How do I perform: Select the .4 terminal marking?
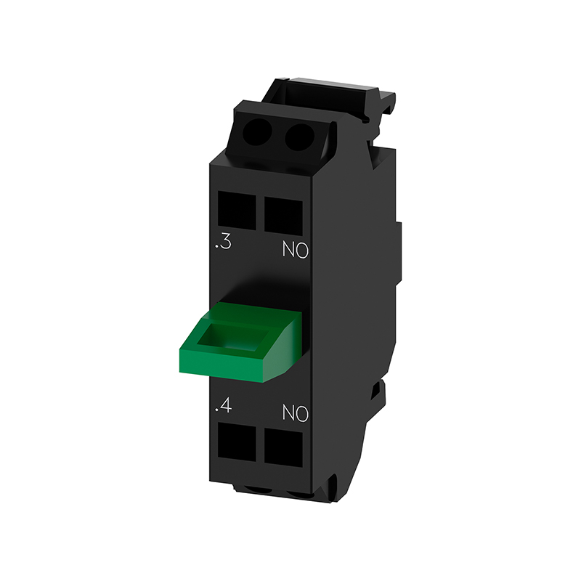tap(224, 406)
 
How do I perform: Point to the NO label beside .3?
tap(294, 251)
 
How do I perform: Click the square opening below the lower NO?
tap(283, 447)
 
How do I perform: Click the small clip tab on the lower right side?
tap(377, 393)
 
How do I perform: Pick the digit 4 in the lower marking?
tap(226, 406)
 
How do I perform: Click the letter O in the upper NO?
tap(301, 251)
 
